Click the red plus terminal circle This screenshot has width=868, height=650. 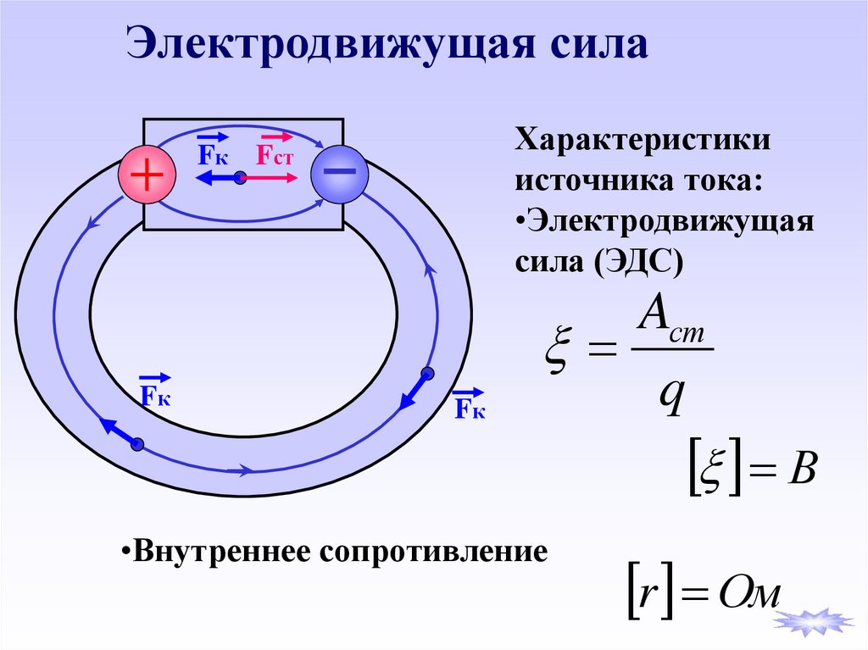tap(146, 175)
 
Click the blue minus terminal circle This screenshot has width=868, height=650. tap(339, 174)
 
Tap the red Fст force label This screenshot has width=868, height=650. tap(275, 153)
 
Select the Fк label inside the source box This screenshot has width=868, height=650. tap(213, 153)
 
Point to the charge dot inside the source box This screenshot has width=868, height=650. tap(241, 178)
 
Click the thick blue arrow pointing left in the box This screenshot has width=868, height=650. tap(214, 178)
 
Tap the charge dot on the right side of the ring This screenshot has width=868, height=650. tap(427, 374)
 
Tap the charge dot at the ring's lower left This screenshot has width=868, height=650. tap(137, 444)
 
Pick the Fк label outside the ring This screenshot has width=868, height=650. tap(469, 408)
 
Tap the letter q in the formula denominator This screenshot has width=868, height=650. tap(671, 395)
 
